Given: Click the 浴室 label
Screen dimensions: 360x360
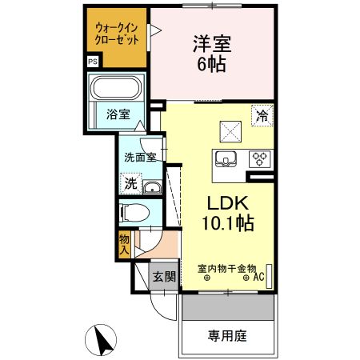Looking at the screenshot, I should point(118,114).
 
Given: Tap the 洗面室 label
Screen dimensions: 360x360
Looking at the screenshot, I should point(139,157).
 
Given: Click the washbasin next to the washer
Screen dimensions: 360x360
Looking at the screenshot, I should point(152,187).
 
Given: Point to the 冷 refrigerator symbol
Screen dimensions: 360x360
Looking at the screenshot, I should point(262,116).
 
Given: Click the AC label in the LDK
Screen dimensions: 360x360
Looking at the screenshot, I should point(259,278).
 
